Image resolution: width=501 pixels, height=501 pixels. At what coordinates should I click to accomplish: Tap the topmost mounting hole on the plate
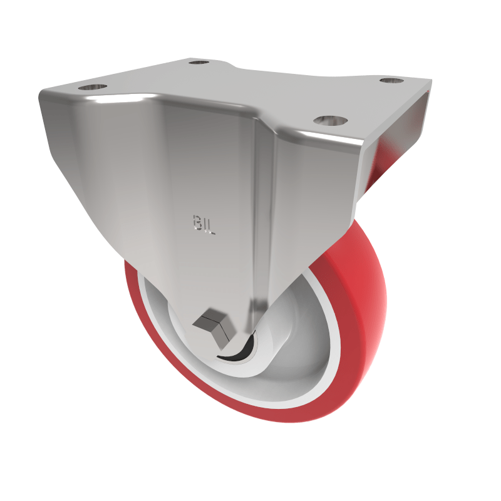point(199,63)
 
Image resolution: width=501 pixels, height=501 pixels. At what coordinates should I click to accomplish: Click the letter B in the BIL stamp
point(195,221)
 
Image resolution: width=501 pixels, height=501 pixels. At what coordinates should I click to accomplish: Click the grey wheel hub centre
point(269,351)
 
